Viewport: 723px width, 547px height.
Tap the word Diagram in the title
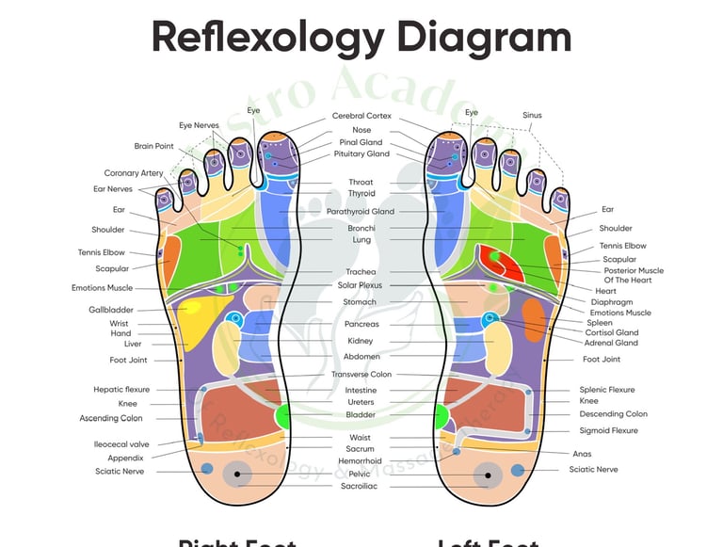[483, 38]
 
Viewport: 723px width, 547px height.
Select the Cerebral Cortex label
[361, 116]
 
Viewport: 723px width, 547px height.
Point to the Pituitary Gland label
[361, 153]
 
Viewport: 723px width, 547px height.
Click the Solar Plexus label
[360, 284]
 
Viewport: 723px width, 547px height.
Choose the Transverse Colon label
[361, 374]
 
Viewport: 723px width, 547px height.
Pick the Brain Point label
[154, 146]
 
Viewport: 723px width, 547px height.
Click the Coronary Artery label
[134, 173]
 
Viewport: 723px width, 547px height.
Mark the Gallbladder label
[111, 310]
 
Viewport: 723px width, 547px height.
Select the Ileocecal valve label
[121, 444]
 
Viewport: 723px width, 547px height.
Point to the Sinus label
[532, 116]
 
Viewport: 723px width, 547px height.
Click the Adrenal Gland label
[612, 343]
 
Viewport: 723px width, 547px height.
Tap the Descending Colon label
[613, 413]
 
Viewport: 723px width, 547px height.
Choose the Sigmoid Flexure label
[609, 430]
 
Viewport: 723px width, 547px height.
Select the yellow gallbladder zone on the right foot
[194, 316]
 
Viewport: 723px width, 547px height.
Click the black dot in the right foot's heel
[238, 475]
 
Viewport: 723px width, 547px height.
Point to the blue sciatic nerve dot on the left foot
[517, 469]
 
